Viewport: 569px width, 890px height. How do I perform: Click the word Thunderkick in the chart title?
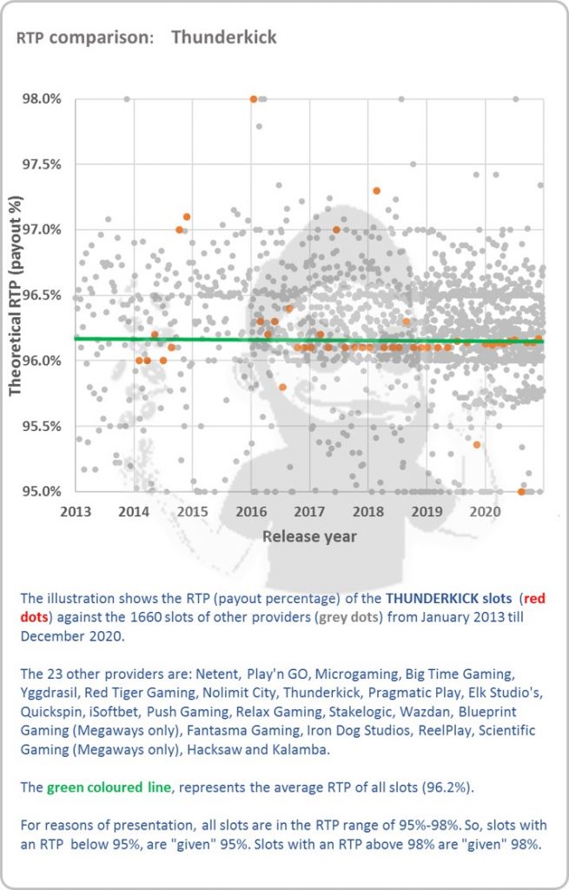pyautogui.click(x=224, y=37)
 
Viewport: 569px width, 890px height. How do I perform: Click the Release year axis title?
pyautogui.click(x=309, y=536)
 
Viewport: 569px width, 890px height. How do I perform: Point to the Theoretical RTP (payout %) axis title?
pyautogui.click(x=16, y=296)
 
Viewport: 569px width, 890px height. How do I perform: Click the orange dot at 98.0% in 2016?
pyautogui.click(x=254, y=99)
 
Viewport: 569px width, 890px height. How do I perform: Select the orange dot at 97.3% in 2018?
pyautogui.click(x=376, y=190)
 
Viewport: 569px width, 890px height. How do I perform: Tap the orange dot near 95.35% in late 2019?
pyautogui.click(x=477, y=445)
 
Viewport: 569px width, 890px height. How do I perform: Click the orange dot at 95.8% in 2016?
pyautogui.click(x=282, y=387)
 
